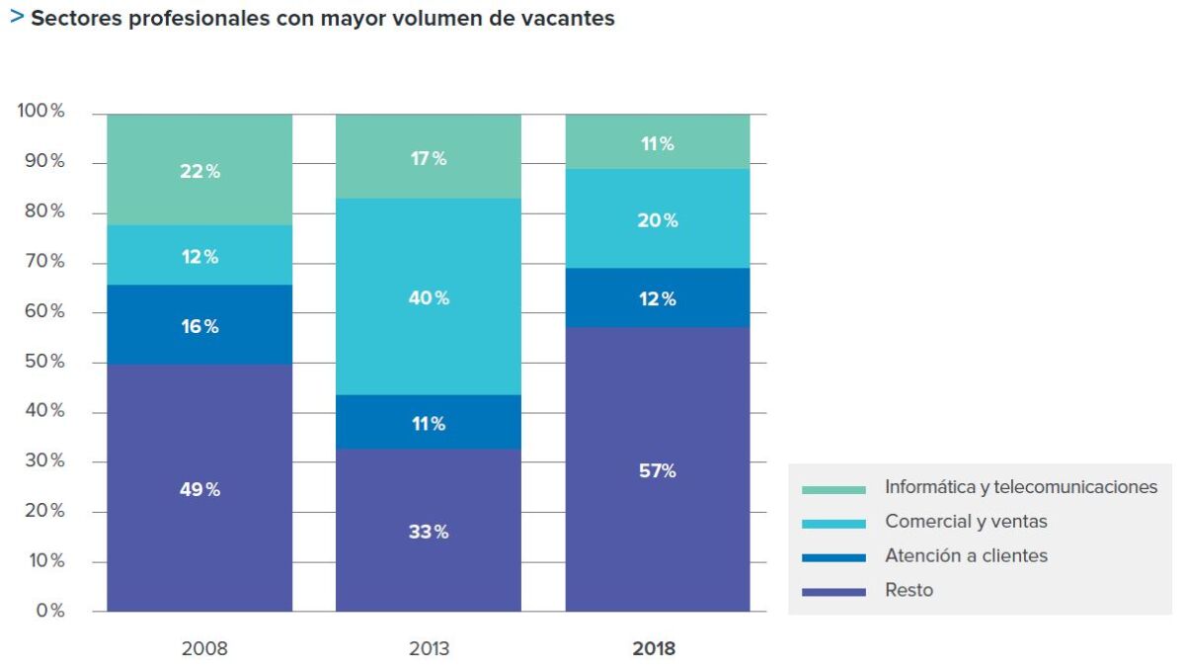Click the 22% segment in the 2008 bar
pos(199,170)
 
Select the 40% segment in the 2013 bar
pos(429,296)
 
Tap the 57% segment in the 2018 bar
pos(658,469)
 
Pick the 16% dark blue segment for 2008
pos(199,324)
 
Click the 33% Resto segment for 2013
pos(429,531)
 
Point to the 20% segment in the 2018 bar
pos(658,218)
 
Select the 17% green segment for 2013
pos(429,157)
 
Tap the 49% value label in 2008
pos(199,489)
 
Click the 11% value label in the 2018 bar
pos(658,143)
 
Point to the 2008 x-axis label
pos(204,648)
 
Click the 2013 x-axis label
pos(429,648)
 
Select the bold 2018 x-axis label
pos(654,648)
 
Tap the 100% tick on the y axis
pos(40,110)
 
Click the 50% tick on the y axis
pos(44,361)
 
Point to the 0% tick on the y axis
pos(50,611)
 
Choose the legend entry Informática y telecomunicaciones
pos(1021,486)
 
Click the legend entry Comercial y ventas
pos(966,521)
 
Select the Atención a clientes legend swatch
pos(833,558)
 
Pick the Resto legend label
pos(908,590)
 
